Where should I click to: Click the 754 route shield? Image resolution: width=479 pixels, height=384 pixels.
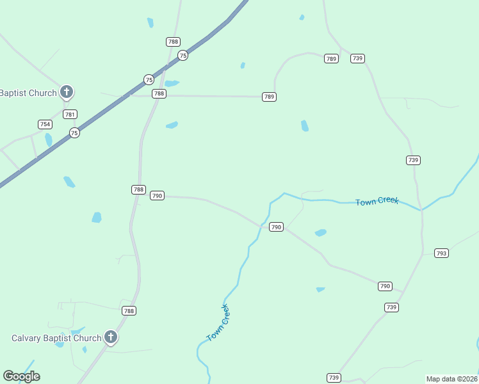click(x=45, y=124)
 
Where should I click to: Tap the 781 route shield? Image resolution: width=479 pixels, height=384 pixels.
click(x=70, y=115)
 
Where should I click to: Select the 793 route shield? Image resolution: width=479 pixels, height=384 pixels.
click(x=441, y=253)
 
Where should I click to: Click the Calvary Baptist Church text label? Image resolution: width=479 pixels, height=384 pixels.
click(x=57, y=338)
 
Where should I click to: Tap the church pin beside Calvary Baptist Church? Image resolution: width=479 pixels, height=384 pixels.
click(x=111, y=337)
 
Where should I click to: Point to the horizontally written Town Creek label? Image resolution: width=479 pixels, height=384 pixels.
click(x=377, y=201)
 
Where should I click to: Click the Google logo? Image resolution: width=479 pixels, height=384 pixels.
click(x=21, y=376)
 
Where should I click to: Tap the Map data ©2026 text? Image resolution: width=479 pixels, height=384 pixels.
click(x=451, y=379)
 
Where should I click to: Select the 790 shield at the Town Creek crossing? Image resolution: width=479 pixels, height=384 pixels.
click(x=276, y=227)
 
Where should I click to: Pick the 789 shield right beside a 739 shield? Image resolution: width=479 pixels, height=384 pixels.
click(x=331, y=58)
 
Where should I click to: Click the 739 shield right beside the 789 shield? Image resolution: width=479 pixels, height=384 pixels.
click(x=358, y=58)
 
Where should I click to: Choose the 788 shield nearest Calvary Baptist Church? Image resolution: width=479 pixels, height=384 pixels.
click(x=129, y=310)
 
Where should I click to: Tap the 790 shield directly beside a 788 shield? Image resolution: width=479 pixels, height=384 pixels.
click(x=157, y=195)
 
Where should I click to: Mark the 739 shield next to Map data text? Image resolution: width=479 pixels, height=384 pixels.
click(x=334, y=378)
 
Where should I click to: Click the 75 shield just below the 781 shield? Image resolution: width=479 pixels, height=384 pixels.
click(x=75, y=133)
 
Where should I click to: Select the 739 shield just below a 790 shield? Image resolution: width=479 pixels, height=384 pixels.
click(x=392, y=307)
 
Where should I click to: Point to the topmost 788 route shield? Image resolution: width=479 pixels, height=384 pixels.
click(x=173, y=42)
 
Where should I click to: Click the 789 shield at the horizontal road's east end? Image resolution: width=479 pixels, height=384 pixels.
click(x=269, y=97)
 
